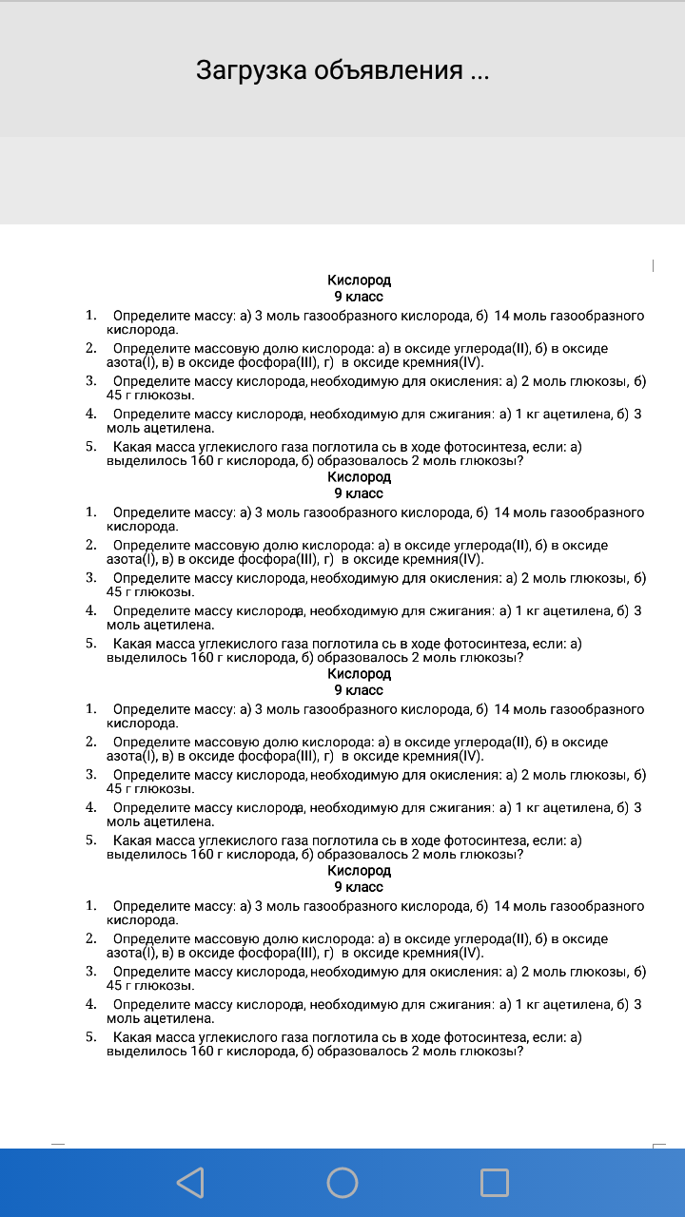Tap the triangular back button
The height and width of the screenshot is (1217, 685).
[x=190, y=1183]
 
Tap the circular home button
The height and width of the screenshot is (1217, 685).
[x=342, y=1183]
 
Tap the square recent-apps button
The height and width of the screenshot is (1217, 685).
[x=495, y=1183]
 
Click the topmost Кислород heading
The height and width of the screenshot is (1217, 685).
[x=359, y=280]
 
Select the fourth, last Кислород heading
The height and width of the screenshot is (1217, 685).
[x=359, y=871]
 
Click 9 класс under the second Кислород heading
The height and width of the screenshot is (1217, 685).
[x=359, y=493]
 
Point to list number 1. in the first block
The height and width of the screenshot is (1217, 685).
[x=91, y=315]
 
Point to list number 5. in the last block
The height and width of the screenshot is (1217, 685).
[x=91, y=1036]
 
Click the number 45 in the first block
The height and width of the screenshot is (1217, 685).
[x=115, y=395]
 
